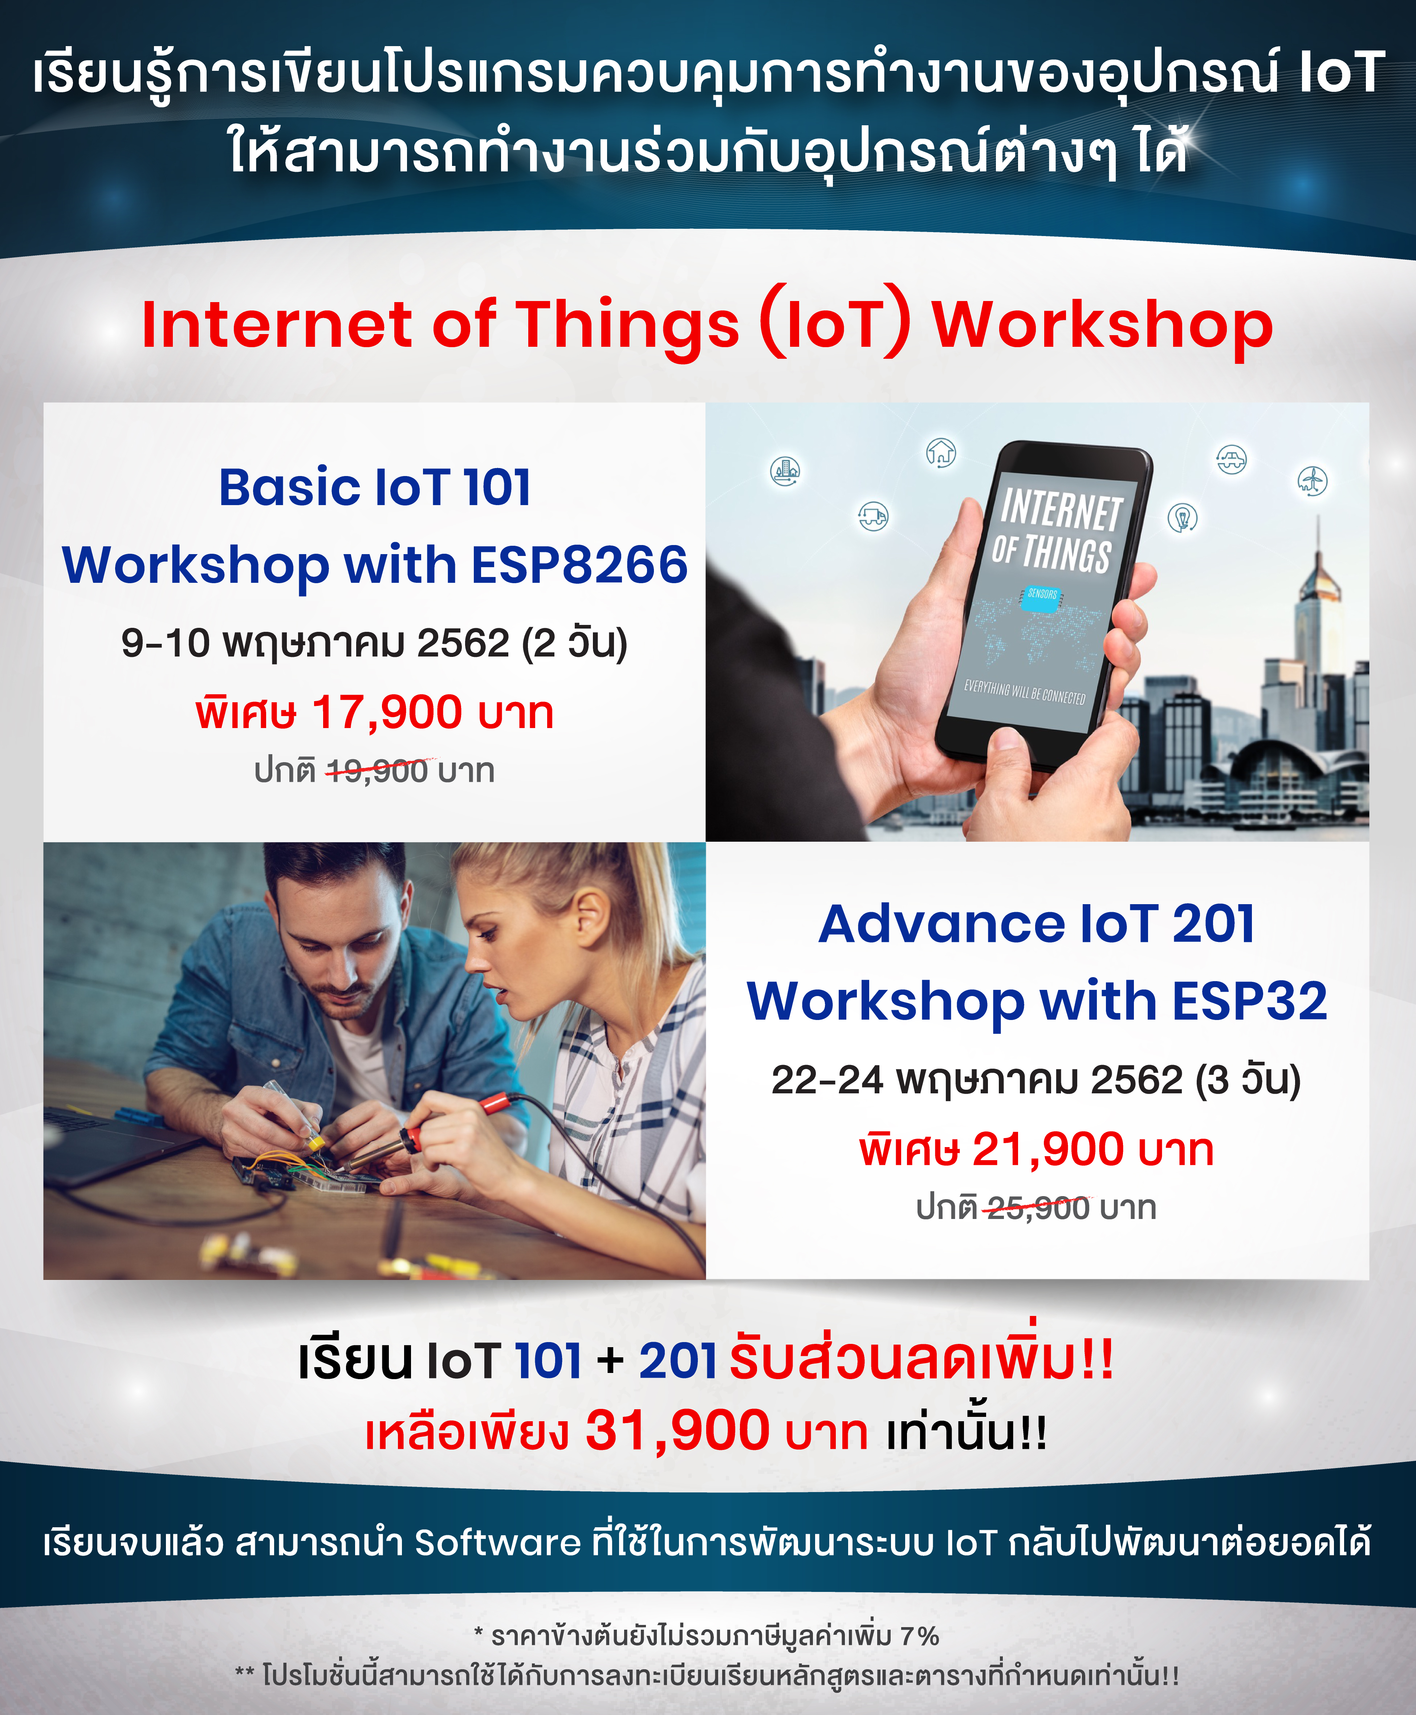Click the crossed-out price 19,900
[377, 770]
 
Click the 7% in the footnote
[920, 1636]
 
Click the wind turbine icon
[1313, 480]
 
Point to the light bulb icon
[1182, 517]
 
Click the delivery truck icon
[873, 516]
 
